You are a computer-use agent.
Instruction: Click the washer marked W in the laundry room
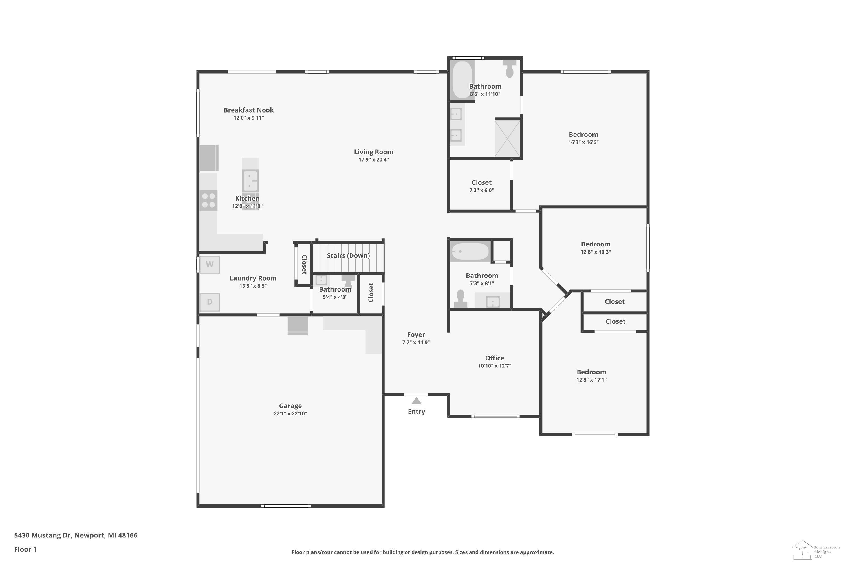[x=210, y=265]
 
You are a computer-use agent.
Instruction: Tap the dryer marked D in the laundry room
[x=210, y=302]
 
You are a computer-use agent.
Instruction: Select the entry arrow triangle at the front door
[x=416, y=401]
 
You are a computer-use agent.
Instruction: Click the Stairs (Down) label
[x=348, y=255]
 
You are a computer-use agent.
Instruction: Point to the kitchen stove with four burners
[x=209, y=200]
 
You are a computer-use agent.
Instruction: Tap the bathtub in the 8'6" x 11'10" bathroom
[x=462, y=80]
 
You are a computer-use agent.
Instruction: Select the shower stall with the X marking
[x=508, y=138]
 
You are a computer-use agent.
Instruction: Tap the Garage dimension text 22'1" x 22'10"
[x=290, y=414]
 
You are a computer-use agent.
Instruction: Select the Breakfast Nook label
[x=248, y=110]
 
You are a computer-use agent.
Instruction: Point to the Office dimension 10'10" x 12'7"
[x=495, y=366]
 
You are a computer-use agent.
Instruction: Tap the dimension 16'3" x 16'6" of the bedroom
[x=583, y=142]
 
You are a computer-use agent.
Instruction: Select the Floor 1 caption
[x=25, y=549]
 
